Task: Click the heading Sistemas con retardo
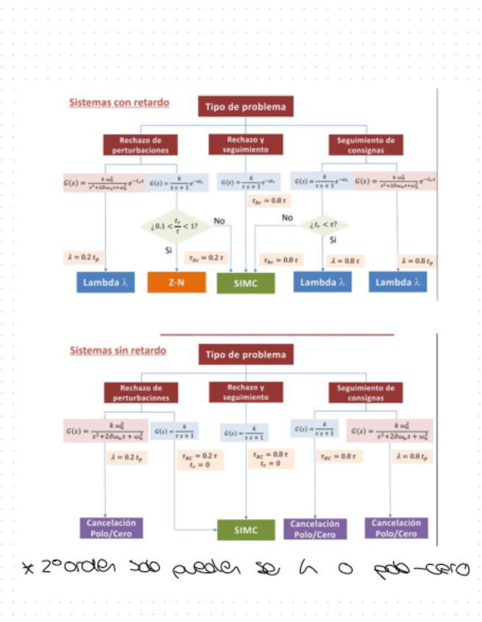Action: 119,103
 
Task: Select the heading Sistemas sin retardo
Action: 118,350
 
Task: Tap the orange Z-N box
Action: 176,282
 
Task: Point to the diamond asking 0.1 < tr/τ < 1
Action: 175,226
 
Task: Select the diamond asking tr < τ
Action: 323,224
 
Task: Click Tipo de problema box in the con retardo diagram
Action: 245,107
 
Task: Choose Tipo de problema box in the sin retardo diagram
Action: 245,355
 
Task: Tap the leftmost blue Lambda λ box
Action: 106,282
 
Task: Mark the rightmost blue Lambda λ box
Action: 398,282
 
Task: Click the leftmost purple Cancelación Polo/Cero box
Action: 111,528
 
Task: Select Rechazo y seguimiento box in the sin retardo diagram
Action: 245,392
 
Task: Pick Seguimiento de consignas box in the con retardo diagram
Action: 365,144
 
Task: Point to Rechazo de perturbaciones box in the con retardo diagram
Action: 140,144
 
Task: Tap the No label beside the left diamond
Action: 219,220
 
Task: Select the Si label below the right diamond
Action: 332,239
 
